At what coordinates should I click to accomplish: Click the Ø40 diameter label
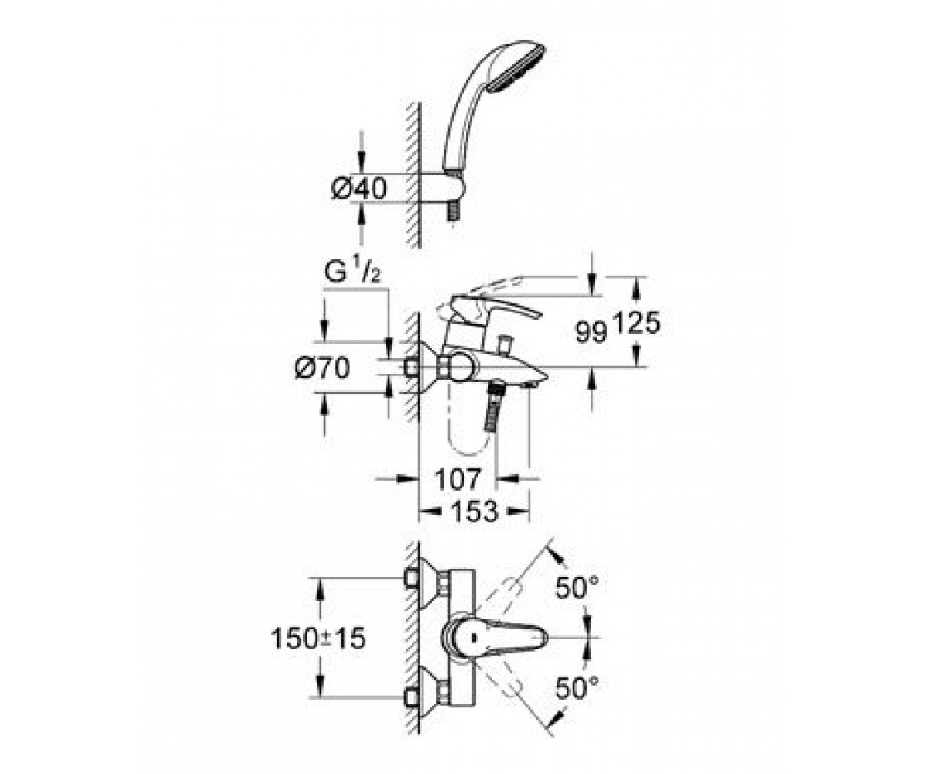(x=359, y=189)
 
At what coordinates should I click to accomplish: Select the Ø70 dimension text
(x=323, y=368)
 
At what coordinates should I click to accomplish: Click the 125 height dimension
(x=636, y=323)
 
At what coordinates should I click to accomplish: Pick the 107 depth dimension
(x=458, y=479)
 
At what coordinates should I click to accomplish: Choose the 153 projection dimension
(x=475, y=512)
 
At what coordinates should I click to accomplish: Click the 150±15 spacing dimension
(x=318, y=639)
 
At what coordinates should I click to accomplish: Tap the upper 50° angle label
(x=577, y=587)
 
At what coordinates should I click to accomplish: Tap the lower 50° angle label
(x=577, y=688)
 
